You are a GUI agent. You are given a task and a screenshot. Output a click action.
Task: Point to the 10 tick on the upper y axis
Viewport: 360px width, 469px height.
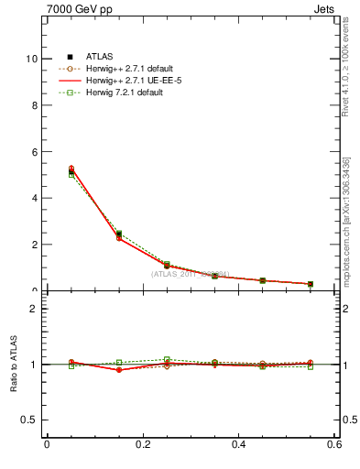pos(32,59)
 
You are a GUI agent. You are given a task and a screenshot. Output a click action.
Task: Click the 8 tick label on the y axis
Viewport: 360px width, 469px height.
pos(35,105)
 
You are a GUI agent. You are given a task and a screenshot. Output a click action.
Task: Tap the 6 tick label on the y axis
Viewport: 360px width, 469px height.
pos(35,152)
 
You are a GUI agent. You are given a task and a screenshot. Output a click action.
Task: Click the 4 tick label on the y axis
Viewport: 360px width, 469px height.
pos(35,199)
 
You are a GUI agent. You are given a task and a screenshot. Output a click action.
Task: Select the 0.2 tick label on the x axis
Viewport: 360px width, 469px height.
pos(142,445)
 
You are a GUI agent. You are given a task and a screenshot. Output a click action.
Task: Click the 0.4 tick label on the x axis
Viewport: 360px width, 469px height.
pos(238,445)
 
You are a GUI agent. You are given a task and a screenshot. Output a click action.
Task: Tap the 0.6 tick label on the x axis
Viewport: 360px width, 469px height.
pos(334,445)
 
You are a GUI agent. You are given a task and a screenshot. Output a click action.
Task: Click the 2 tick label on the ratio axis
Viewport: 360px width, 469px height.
pos(35,309)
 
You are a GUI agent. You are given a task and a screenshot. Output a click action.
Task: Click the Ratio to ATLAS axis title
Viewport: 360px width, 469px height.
pos(13,365)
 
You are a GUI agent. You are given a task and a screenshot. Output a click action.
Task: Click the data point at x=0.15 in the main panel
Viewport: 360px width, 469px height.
pos(119,236)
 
